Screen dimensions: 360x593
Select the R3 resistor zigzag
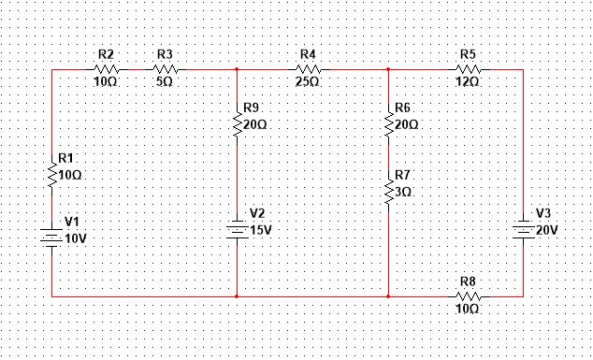pyautogui.click(x=165, y=69)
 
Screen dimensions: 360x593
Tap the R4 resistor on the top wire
pyautogui.click(x=309, y=69)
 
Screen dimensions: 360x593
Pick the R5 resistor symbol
pyautogui.click(x=468, y=69)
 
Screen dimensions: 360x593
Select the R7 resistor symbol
pyautogui.click(x=388, y=191)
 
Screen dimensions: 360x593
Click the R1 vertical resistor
pyautogui.click(x=52, y=173)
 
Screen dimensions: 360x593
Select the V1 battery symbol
pyautogui.click(x=52, y=238)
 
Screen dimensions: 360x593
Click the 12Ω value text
pyautogui.click(x=468, y=82)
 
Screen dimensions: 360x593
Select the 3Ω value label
pyautogui.click(x=404, y=191)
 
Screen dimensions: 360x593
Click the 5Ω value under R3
pyautogui.click(x=165, y=82)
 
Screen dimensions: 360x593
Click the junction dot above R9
pyautogui.click(x=238, y=69)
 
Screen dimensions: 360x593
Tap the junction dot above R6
pyautogui.click(x=388, y=69)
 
